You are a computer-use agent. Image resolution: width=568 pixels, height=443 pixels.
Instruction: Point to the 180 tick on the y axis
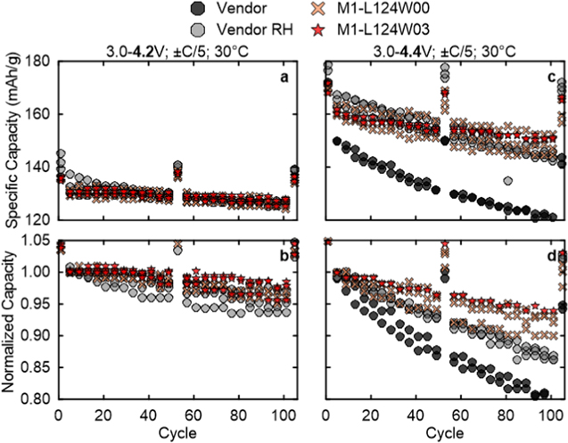[39, 61]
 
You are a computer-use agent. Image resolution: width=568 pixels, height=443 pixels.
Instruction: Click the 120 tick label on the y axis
[39, 219]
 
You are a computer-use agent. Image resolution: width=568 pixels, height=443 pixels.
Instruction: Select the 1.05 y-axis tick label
[36, 239]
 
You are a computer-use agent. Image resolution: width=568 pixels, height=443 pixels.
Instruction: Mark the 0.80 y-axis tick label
[36, 400]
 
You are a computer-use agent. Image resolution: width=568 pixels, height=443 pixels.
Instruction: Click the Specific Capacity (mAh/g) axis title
[10, 140]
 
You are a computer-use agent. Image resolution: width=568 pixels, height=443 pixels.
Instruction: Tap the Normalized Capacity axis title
[10, 320]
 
